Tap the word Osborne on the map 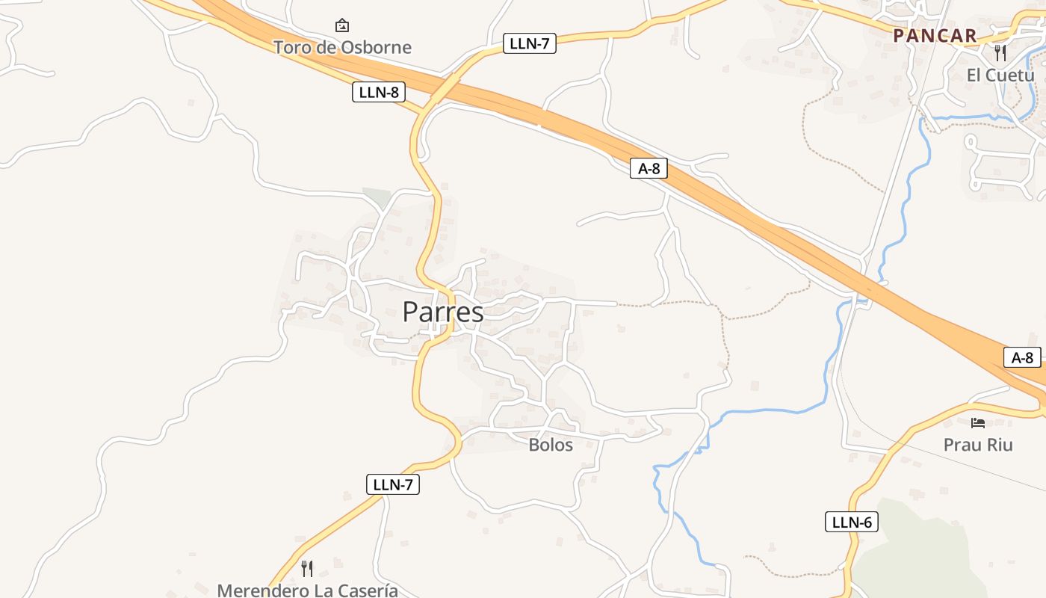click(377, 47)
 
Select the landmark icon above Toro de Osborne click(342, 25)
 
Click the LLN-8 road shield click(379, 93)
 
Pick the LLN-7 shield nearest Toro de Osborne click(529, 43)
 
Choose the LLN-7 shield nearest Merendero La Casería click(393, 484)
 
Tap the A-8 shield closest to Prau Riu click(1022, 357)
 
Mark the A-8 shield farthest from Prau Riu click(649, 168)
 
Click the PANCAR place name click(935, 35)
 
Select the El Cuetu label click(1000, 75)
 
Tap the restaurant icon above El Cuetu click(1000, 52)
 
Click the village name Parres click(443, 312)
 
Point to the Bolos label click(551, 445)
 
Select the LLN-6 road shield click(852, 522)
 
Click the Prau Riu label click(978, 445)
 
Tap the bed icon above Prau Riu click(977, 422)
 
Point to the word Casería click(366, 591)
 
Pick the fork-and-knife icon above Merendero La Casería click(307, 568)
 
